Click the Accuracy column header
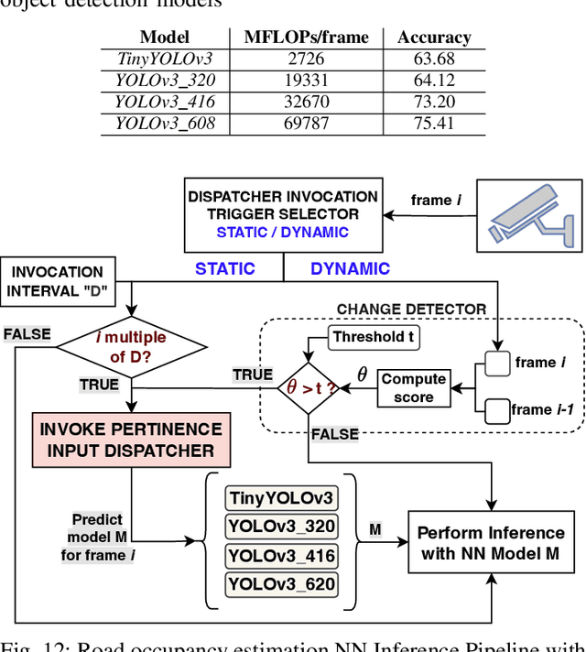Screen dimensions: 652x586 434,38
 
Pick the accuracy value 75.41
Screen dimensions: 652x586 433,123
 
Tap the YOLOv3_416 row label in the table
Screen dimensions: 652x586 165,102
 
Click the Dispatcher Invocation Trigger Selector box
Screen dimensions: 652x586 282,214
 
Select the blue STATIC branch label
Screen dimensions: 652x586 225,268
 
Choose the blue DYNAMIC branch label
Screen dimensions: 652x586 350,268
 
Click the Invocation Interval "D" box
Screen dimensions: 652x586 58,282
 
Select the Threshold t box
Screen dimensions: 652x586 373,337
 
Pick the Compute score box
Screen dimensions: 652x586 413,388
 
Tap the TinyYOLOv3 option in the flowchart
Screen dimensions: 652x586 281,499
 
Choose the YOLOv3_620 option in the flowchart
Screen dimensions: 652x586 281,583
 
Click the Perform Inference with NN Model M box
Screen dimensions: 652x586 491,543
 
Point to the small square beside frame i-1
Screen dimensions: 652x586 496,408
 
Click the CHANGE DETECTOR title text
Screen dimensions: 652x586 411,310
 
